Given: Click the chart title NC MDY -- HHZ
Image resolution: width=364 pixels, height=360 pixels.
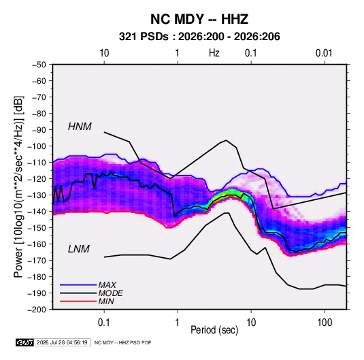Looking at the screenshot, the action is point(199,19).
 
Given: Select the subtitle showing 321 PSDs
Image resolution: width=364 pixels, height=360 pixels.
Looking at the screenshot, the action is point(199,37).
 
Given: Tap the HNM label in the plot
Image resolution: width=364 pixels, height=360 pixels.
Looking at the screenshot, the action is point(80,127).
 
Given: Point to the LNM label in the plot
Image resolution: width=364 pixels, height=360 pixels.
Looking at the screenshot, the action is point(78,249).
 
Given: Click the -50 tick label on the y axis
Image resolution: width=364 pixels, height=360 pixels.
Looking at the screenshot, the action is point(39,65).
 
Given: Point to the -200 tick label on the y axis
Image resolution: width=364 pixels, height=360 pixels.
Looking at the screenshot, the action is point(37,310).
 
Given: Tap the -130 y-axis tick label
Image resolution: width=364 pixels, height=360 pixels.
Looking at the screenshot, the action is point(37,195).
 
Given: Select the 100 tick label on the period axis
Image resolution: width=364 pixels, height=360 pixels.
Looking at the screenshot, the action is point(325,322).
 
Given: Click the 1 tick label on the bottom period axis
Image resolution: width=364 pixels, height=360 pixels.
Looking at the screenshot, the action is point(177,322).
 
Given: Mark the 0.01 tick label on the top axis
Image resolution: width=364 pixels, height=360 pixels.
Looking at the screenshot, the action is point(324,53).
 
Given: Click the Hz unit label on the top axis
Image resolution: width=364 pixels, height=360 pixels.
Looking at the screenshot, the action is point(214,53).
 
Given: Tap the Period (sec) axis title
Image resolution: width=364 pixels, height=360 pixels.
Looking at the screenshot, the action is point(214,330).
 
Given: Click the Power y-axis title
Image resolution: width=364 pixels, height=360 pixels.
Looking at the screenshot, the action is point(18,186).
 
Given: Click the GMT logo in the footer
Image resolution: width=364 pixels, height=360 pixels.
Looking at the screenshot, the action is point(25,342).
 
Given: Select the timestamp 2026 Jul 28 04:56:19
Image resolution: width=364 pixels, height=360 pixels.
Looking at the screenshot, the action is point(62,342).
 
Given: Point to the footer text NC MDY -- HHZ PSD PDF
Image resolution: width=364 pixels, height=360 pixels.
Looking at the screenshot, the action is point(122,342).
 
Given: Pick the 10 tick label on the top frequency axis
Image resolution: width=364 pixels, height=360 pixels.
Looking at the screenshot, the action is point(104,53).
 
